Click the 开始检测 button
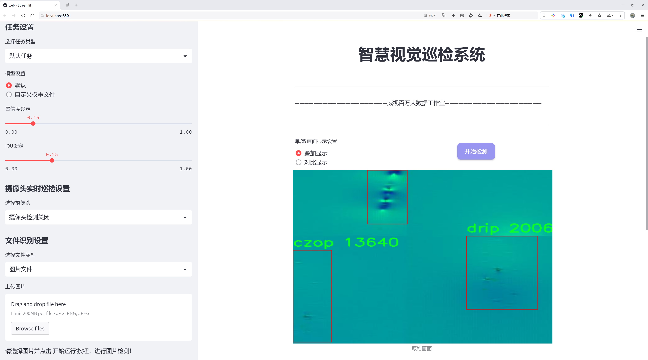coord(476,151)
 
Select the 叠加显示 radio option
coord(298,153)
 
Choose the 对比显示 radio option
coord(298,162)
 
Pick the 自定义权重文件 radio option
coord(9,95)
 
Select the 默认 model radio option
coord(9,85)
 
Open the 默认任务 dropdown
coord(98,56)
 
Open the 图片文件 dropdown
coord(98,269)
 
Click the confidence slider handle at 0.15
coord(33,124)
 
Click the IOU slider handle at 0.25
coord(52,160)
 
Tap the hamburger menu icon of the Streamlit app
coord(639,30)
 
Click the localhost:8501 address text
coord(58,16)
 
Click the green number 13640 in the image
coord(372,242)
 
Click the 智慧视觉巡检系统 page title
coord(422,54)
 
